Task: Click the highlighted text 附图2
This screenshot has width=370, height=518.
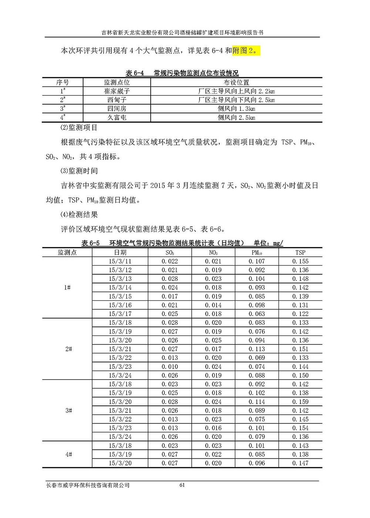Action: pos(246,51)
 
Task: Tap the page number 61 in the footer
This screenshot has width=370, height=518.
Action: pos(182,485)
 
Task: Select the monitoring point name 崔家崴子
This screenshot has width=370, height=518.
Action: pos(117,91)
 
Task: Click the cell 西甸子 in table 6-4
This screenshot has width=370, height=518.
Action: pos(117,100)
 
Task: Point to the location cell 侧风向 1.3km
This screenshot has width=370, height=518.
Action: pos(236,109)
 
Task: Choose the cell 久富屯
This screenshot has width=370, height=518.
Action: pos(117,118)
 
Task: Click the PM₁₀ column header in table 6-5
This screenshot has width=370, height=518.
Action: pos(256,253)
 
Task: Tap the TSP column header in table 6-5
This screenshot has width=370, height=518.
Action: pos(300,253)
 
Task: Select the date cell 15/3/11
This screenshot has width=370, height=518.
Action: pos(120,261)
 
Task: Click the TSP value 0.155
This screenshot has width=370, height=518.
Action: pos(300,261)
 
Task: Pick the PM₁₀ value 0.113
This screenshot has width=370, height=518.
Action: pos(256,349)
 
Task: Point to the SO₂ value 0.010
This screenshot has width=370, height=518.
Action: pos(169,367)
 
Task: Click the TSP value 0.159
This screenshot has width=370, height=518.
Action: pos(300,402)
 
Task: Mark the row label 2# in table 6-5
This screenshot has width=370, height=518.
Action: pos(68,349)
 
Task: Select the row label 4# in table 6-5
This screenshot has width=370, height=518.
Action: pos(68,454)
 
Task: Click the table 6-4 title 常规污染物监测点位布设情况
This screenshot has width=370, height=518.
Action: pos(196,73)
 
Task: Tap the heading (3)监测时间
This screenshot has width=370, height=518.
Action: pos(79,171)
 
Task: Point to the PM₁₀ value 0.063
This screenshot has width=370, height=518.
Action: pos(256,314)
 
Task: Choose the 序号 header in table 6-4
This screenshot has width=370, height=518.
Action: pos(63,83)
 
